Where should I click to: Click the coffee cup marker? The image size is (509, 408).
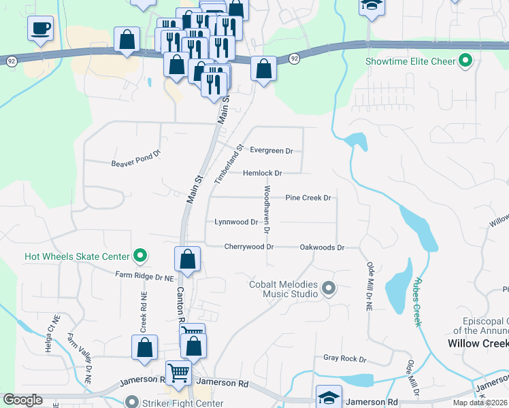tap(40, 29)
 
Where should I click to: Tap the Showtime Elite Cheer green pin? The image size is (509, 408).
tap(466, 61)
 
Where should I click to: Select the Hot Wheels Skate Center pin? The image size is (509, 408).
tap(140, 256)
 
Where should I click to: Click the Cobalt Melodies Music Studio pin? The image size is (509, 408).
tap(329, 289)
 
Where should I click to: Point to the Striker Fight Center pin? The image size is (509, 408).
tap(132, 403)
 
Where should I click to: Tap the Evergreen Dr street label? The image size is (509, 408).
tap(271, 150)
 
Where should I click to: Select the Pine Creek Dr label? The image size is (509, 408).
tap(308, 198)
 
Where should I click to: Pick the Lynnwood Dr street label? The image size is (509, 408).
tap(236, 222)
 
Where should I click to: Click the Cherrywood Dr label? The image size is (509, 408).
tap(248, 247)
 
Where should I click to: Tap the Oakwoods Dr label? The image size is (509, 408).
tap(322, 248)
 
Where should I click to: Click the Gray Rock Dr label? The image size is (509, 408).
tap(344, 358)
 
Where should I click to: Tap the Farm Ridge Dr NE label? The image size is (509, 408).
tap(145, 277)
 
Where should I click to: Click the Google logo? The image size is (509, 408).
tap(23, 400)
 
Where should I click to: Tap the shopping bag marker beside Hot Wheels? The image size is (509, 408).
tap(187, 259)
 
